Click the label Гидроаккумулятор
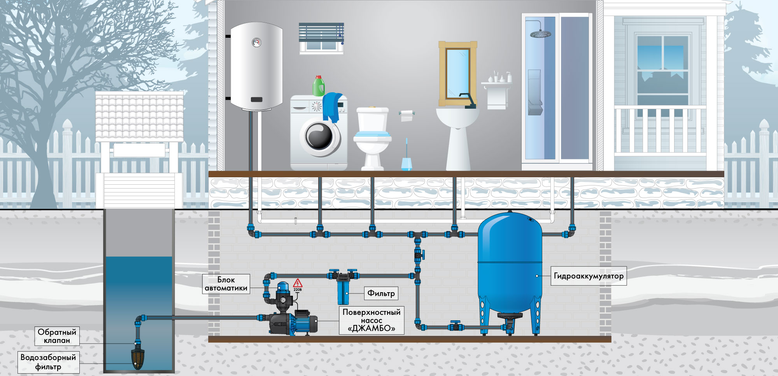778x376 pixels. click(x=589, y=276)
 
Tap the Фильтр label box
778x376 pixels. click(x=381, y=293)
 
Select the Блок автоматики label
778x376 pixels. click(x=226, y=284)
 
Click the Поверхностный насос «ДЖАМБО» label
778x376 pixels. click(x=371, y=320)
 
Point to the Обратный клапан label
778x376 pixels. click(x=57, y=336)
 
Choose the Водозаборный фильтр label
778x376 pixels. click(x=48, y=362)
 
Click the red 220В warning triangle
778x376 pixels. click(x=298, y=283)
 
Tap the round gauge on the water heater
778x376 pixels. click(x=256, y=42)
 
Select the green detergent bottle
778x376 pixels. click(x=319, y=86)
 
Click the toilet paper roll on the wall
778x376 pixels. click(x=407, y=115)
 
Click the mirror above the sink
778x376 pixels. click(x=457, y=74)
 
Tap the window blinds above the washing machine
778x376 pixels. click(x=321, y=32)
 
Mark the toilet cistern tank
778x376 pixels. click(x=373, y=119)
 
